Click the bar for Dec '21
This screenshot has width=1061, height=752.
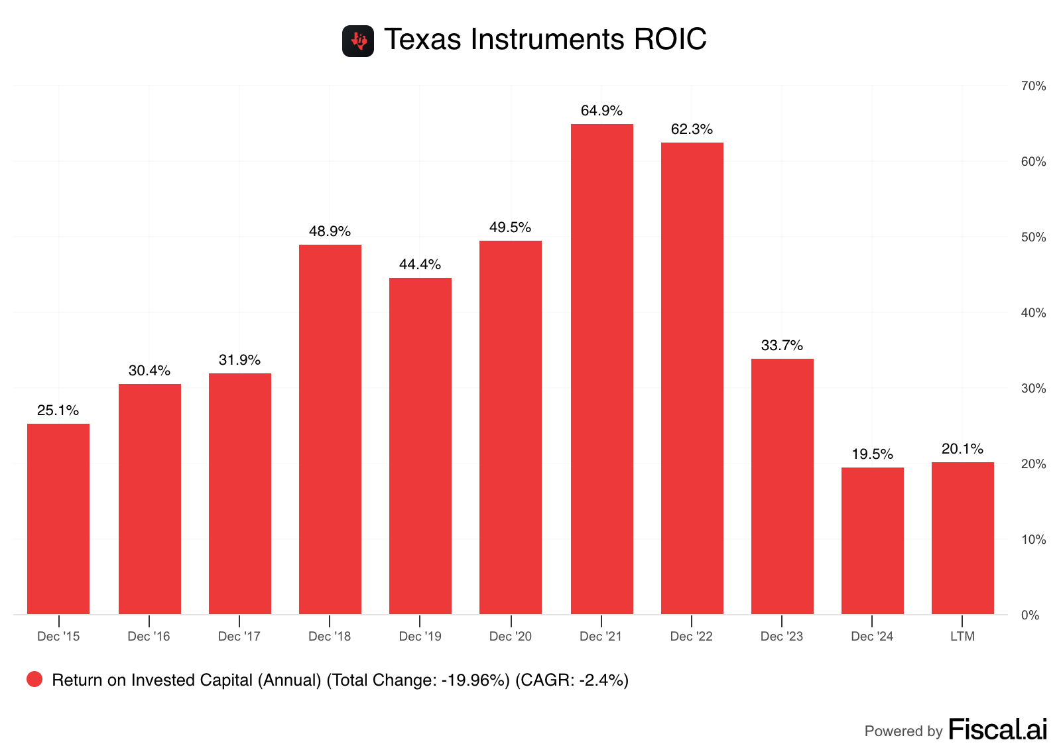click(601, 369)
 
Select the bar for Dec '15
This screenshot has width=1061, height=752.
click(58, 519)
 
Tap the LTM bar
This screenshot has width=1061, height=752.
click(962, 538)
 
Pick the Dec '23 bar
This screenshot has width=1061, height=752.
click(782, 486)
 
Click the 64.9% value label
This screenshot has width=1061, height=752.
click(601, 111)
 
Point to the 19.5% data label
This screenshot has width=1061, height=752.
click(872, 454)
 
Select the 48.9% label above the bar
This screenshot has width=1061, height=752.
click(330, 231)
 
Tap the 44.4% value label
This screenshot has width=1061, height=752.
click(420, 265)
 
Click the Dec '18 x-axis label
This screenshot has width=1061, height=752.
click(330, 637)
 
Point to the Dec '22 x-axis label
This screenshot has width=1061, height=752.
click(691, 637)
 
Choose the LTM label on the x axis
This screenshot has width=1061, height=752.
click(962, 637)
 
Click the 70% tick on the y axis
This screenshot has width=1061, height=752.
click(1033, 86)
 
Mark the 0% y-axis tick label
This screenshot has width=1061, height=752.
click(1030, 615)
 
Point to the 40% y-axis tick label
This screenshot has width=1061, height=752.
click(1033, 313)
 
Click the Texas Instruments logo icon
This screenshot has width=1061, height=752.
click(358, 41)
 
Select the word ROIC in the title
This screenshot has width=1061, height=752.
click(670, 40)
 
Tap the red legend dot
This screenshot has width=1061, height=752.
click(34, 679)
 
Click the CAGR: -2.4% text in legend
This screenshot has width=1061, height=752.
click(572, 680)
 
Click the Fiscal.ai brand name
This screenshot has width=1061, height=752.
click(997, 729)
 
